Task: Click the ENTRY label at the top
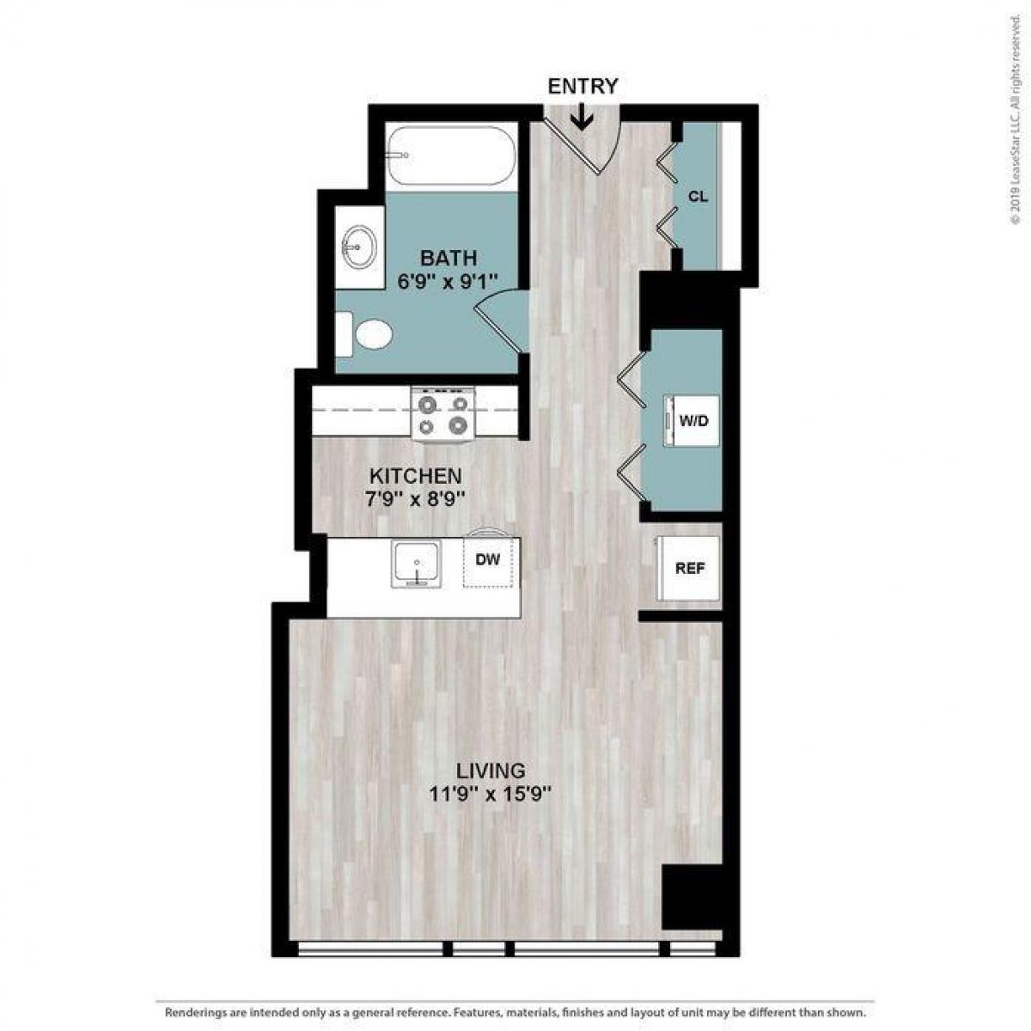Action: (583, 86)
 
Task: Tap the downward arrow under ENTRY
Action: (582, 117)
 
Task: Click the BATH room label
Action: (448, 258)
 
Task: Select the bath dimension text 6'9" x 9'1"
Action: (448, 281)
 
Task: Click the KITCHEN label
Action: (416, 475)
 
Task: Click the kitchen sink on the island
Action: (417, 564)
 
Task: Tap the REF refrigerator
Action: (689, 568)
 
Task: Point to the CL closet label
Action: (698, 197)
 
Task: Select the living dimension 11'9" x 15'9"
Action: (491, 795)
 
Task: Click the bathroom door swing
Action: (501, 319)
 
